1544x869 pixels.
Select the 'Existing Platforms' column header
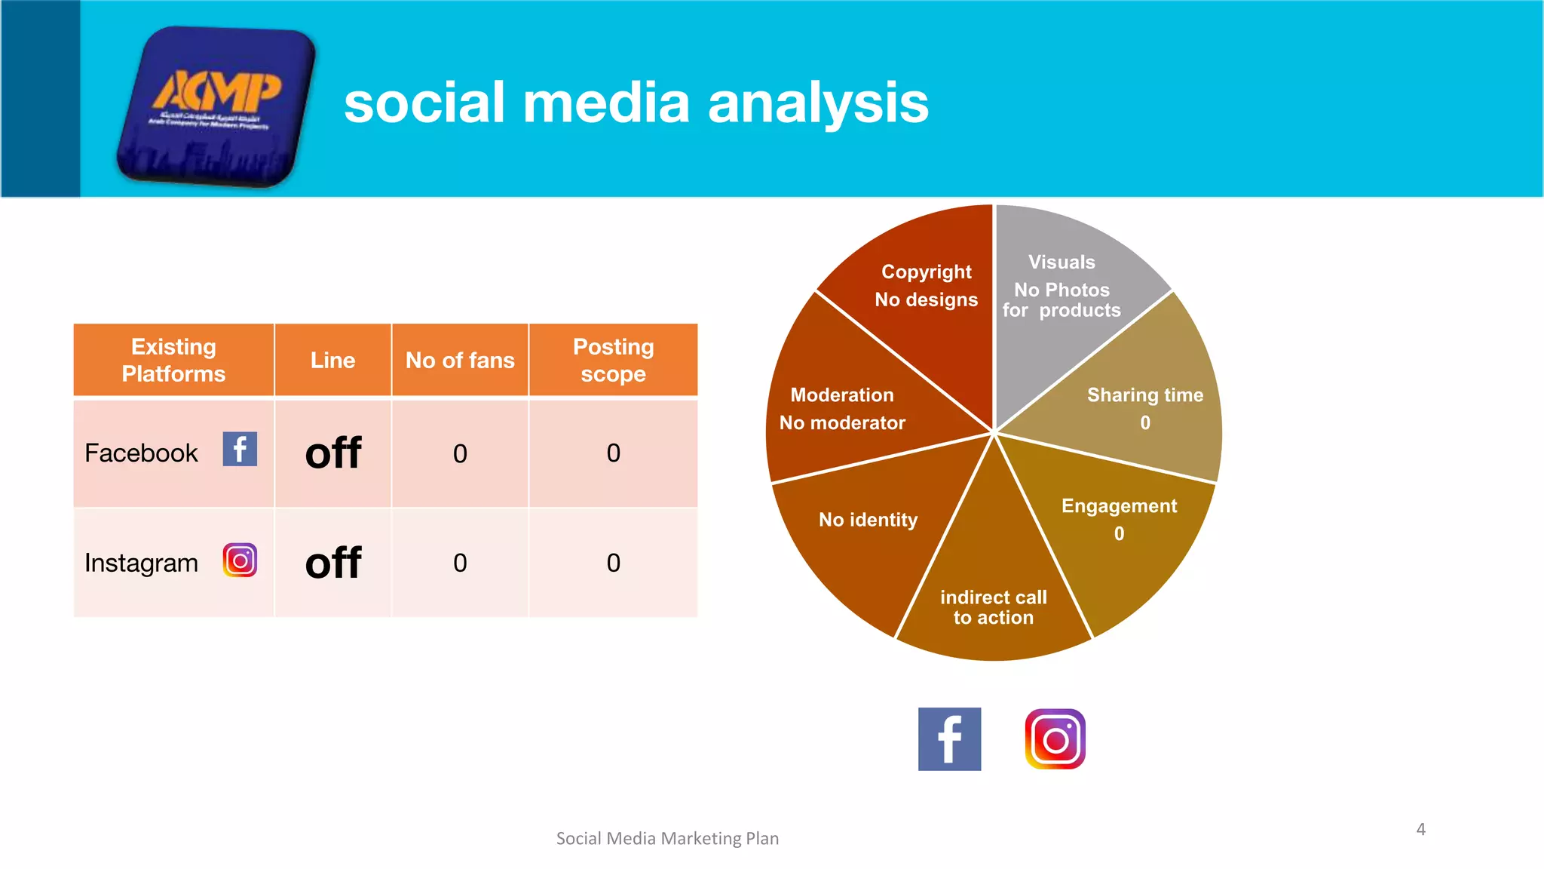173,360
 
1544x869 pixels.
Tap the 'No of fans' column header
460,360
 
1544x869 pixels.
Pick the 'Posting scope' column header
613,360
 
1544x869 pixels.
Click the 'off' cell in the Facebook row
332,453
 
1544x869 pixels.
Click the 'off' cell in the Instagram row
332,563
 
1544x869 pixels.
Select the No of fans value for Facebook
460,453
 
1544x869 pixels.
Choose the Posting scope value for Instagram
613,563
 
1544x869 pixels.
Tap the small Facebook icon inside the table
240,449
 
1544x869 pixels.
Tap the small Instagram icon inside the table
240,560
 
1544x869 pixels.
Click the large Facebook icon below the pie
949,738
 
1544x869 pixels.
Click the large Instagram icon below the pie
1055,738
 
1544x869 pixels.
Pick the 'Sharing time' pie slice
1144,407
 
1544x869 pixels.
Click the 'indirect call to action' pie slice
993,596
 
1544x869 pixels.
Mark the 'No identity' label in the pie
868,520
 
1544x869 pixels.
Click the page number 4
1420,829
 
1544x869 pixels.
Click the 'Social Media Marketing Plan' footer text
667,838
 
